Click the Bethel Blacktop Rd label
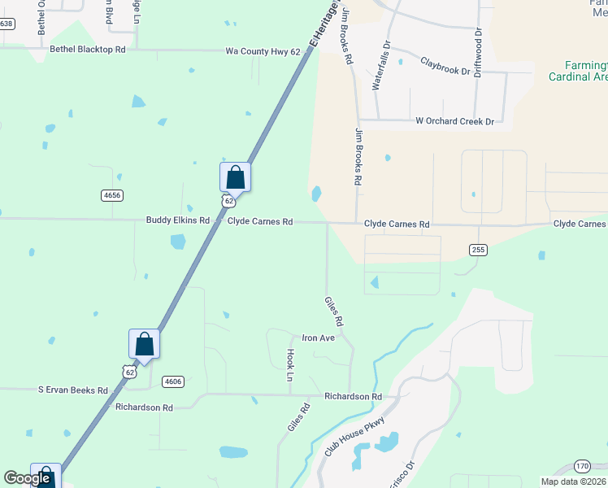point(88,50)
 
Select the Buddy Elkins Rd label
point(178,220)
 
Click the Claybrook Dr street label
point(445,65)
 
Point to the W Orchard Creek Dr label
point(454,121)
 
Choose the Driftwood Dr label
point(478,52)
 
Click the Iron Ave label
point(318,338)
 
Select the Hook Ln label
point(289,366)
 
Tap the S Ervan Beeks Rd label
point(73,390)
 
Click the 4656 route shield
point(112,195)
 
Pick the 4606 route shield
point(172,381)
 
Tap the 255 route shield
point(478,250)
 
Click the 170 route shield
point(582,466)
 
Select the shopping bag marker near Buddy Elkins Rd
point(235,177)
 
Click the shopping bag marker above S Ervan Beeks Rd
point(144,343)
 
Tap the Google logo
point(27,478)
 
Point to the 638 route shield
point(7,24)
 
